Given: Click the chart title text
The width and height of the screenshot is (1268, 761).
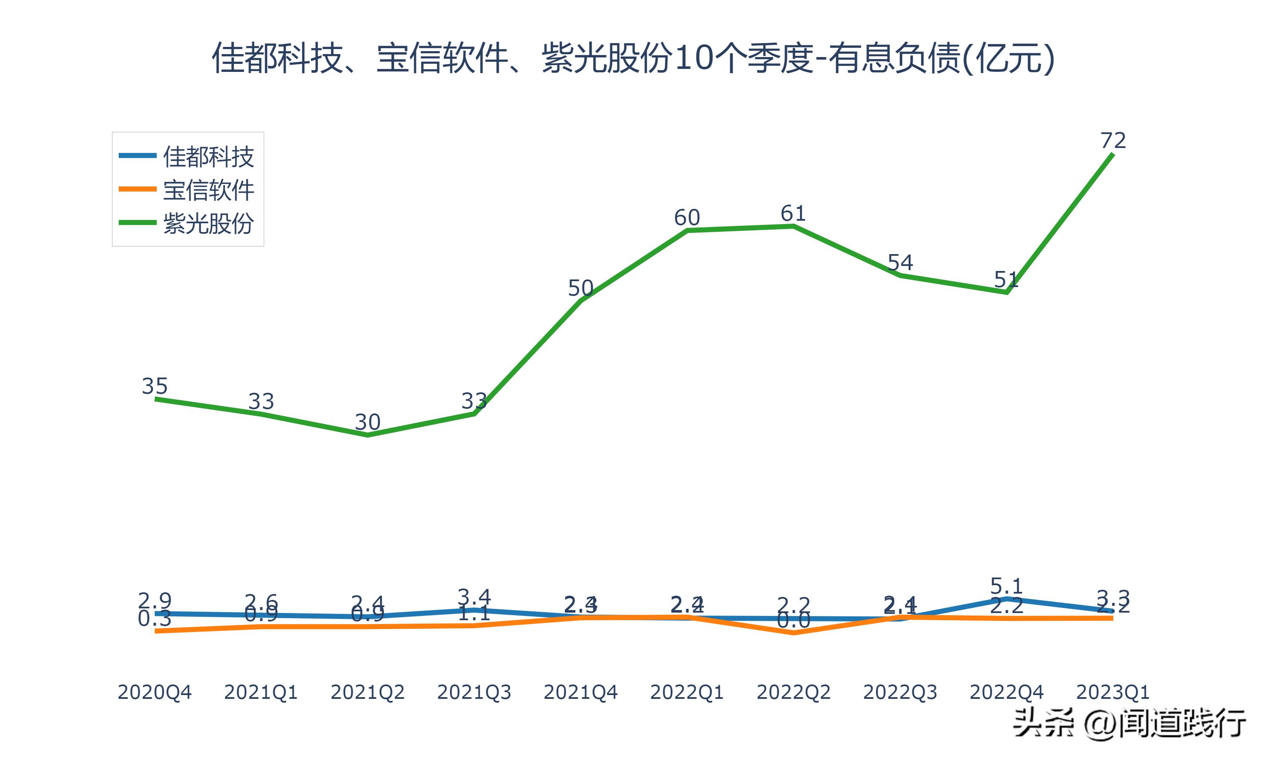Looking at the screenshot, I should pos(634,58).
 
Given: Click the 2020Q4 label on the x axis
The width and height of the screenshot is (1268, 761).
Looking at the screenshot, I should pos(154,692).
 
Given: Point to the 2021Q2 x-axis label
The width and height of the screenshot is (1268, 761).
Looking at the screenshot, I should pos(367,692).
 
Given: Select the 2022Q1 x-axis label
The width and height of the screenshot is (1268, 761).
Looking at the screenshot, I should pos(687,692).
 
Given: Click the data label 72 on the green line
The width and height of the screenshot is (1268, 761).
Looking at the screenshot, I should pos(1113,140).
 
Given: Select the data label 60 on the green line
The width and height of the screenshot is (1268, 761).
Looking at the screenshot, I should pos(687,218).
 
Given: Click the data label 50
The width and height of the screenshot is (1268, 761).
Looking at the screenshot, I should pos(580,288).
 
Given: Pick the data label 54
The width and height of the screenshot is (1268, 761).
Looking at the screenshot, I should pos(900,263).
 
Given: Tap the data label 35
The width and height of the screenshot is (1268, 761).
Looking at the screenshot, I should pos(154,386).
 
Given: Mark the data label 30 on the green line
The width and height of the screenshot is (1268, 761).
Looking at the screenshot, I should pos(367,422).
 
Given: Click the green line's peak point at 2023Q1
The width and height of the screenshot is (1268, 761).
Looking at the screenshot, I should pos(1113,154).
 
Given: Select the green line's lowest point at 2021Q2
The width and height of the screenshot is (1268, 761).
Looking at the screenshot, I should pos(367,435).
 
